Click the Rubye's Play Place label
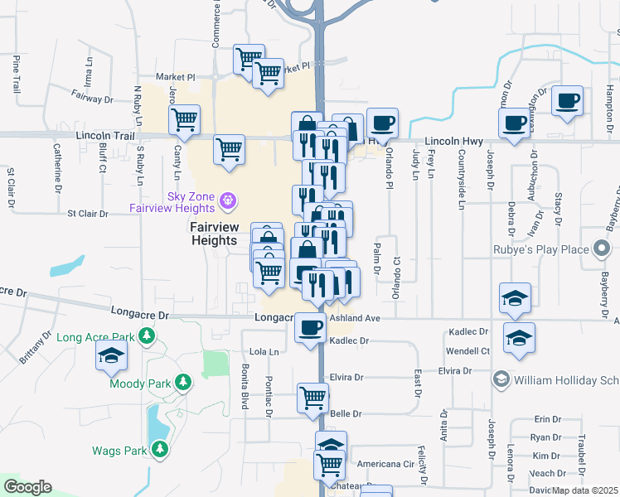coord(544,248)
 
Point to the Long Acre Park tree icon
coord(147,335)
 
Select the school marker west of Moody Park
coord(110,355)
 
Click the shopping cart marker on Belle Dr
coord(312,398)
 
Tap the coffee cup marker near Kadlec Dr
coord(311,328)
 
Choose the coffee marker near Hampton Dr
coord(567,100)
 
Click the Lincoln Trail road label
coord(104,134)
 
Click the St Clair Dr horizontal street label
coord(88,214)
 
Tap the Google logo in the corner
coord(27,487)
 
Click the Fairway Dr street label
coord(91,99)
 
